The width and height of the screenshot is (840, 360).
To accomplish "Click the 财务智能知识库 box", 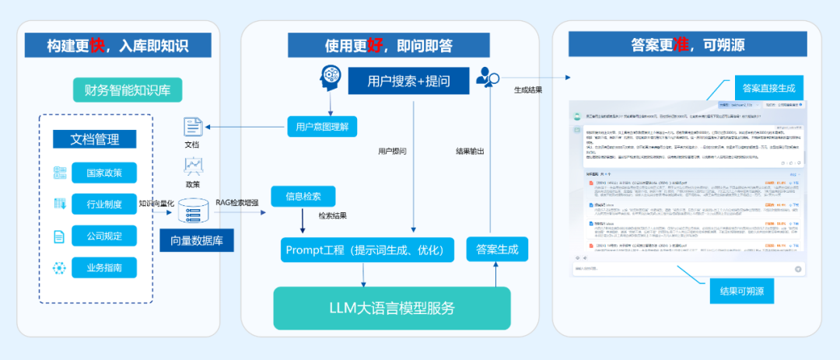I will click(128, 89).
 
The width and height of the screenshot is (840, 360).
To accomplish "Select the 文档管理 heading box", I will click(95, 139).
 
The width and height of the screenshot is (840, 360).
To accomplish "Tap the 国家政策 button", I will click(103, 172).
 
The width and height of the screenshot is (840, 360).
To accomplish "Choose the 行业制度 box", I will click(103, 204).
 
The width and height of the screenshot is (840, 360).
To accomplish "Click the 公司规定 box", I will click(103, 236).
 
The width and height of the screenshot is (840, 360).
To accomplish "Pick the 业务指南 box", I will click(103, 268).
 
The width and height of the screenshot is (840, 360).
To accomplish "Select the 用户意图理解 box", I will click(322, 125).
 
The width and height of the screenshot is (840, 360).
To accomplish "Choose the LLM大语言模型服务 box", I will click(391, 307).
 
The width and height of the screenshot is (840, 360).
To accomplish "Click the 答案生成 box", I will click(497, 250).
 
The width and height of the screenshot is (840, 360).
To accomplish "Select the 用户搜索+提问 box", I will click(408, 79).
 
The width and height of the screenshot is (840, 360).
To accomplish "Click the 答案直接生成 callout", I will click(768, 87).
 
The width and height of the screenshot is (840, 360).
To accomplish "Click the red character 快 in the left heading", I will click(97, 44).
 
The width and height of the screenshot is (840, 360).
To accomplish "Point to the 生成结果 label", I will click(528, 90).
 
